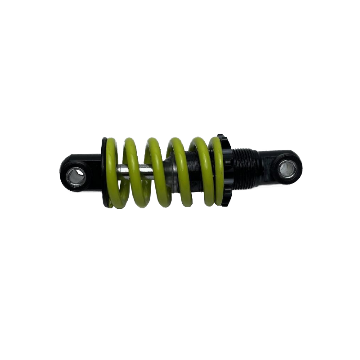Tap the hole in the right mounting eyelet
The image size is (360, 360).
pyautogui.click(x=287, y=169)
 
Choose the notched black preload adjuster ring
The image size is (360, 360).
pyautogui.click(x=228, y=171)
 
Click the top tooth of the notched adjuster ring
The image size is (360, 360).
pyautogui.click(x=220, y=136)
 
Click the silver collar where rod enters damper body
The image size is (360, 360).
pyautogui.click(x=169, y=171)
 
